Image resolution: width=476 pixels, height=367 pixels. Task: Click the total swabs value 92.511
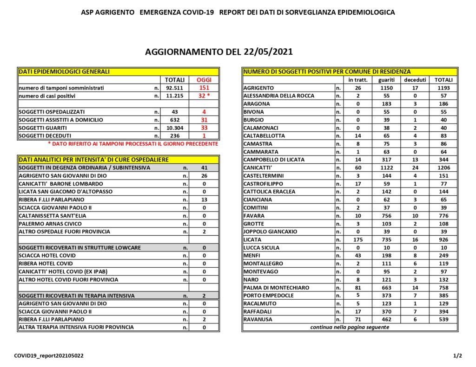[175, 88]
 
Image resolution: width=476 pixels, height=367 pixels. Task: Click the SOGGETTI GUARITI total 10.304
[175, 128]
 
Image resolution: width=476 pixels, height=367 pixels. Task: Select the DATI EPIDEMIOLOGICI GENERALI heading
[64, 71]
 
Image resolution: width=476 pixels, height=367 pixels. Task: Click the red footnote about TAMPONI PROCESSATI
[133, 144]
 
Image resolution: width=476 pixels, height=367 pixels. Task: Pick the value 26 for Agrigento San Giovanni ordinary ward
[204, 175]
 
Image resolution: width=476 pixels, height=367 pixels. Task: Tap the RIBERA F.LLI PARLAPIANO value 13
[204, 200]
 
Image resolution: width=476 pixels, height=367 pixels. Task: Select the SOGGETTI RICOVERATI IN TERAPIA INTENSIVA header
[77, 296]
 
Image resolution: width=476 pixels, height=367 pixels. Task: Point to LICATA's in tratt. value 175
[358, 239]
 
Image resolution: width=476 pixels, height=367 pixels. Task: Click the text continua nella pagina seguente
[350, 327]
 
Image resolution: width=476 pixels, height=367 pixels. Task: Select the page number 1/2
[457, 356]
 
